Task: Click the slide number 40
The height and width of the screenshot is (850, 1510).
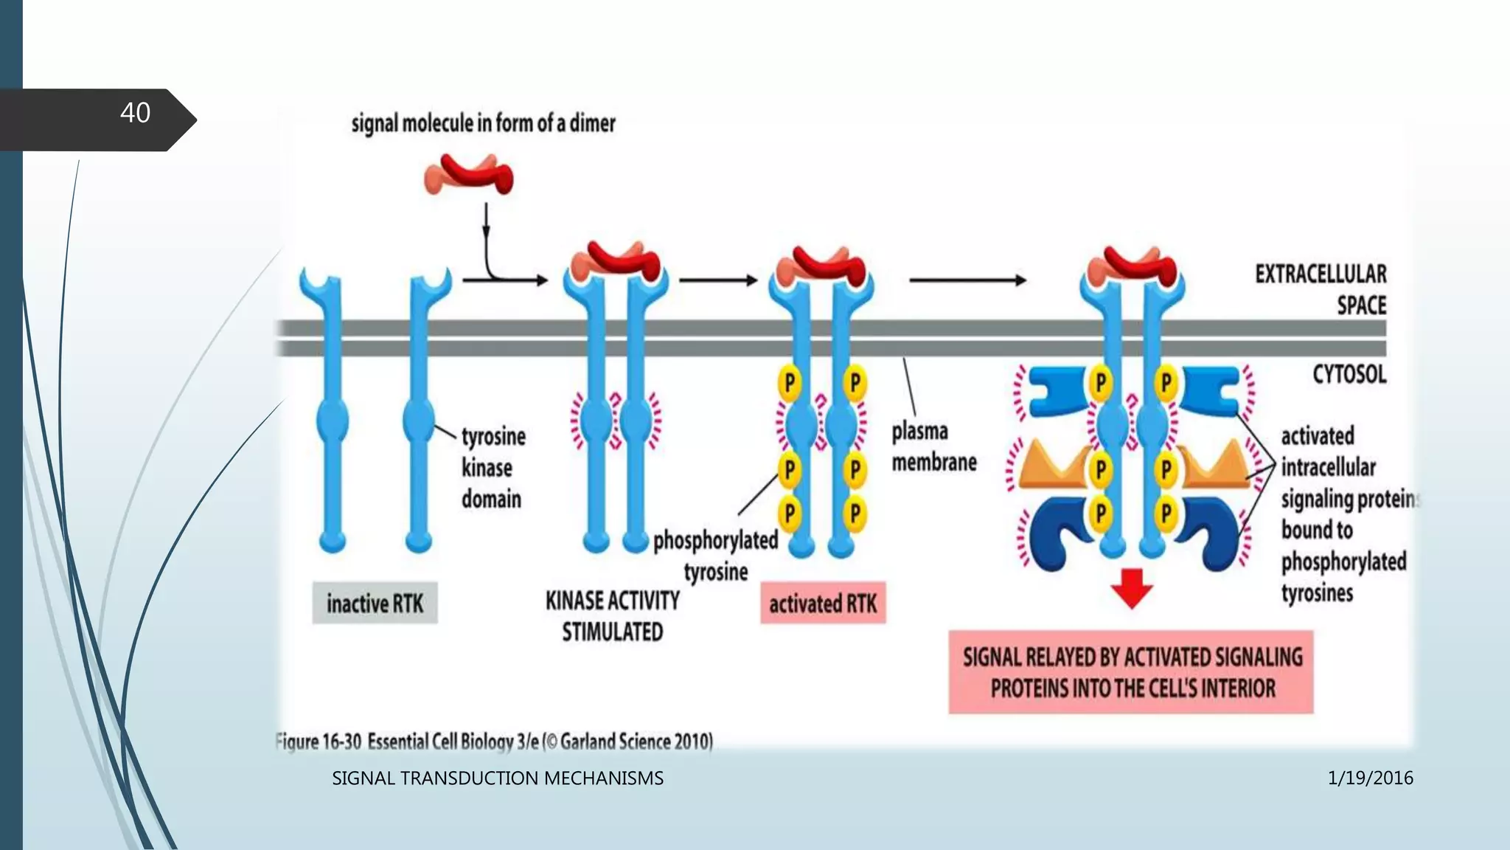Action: (x=135, y=113)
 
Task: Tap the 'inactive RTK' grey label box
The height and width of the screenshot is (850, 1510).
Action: (x=375, y=604)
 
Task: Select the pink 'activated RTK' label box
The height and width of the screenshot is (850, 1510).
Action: (x=823, y=604)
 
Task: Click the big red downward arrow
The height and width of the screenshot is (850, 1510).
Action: (x=1132, y=587)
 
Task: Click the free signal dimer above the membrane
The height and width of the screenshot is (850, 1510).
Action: (x=469, y=175)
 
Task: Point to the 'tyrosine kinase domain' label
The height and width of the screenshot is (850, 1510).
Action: (x=493, y=468)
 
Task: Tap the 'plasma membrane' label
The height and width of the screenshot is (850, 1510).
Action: (x=933, y=446)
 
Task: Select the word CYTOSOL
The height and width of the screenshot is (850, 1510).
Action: (x=1349, y=375)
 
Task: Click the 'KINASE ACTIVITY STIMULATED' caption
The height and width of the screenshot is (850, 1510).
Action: (x=612, y=616)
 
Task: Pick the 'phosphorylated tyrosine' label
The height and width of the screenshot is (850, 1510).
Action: (x=715, y=556)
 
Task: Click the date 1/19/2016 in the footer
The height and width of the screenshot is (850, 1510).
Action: (x=1370, y=778)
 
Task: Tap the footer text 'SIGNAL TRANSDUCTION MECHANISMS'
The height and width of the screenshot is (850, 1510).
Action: (x=498, y=778)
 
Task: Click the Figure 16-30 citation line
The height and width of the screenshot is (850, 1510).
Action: (x=494, y=741)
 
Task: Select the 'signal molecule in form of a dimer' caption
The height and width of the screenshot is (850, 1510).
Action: (x=483, y=123)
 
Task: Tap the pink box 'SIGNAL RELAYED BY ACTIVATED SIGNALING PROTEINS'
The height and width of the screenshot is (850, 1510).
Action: (x=1131, y=672)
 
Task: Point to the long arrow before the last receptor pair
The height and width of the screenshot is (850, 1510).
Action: (x=967, y=280)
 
